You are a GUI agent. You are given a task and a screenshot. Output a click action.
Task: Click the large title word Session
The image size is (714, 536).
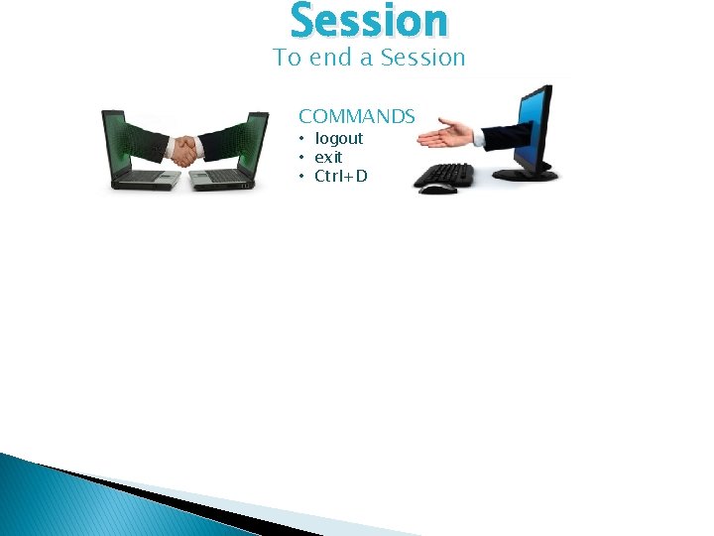click(x=369, y=21)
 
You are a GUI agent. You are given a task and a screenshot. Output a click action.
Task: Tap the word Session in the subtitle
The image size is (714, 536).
click(x=422, y=59)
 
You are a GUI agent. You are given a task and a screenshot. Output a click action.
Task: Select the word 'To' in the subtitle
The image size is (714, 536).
click(x=288, y=59)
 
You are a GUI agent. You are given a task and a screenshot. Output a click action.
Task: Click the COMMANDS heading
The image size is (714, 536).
click(x=357, y=116)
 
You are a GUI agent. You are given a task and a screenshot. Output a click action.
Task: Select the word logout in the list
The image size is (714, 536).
click(x=339, y=139)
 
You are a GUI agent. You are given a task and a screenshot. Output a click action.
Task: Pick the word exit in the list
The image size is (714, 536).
click(x=328, y=158)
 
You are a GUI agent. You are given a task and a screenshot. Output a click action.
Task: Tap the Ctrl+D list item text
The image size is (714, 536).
click(x=341, y=177)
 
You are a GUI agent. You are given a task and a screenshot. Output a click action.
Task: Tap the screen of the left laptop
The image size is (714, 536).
click(x=123, y=139)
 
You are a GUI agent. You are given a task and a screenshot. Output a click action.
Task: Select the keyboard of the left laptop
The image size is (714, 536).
click(x=144, y=177)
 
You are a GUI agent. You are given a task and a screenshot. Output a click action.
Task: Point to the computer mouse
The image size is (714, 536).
click(x=436, y=189)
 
